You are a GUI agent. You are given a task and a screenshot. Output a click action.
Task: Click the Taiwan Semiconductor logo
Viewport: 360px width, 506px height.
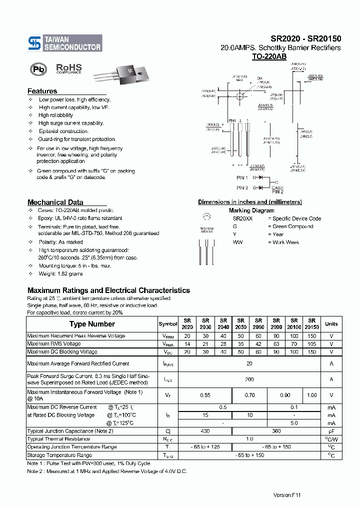(x=64, y=43)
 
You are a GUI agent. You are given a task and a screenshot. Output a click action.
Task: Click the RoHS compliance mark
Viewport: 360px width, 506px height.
(x=68, y=68)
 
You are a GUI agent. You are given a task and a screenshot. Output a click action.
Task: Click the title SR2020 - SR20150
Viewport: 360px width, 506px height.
(x=305, y=38)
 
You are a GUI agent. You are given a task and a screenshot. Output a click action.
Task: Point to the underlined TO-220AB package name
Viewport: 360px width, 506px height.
(x=269, y=57)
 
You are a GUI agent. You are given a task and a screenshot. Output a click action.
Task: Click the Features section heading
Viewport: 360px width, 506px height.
(x=42, y=91)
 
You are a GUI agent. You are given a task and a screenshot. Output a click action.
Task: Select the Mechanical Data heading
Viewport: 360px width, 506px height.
(x=55, y=202)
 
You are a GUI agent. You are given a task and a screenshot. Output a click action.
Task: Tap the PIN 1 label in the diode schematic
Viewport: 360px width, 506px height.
(x=242, y=177)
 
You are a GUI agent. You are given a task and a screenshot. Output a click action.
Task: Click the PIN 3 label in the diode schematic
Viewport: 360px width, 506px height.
(x=242, y=188)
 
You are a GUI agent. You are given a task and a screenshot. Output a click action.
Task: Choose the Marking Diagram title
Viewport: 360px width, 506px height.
(x=248, y=210)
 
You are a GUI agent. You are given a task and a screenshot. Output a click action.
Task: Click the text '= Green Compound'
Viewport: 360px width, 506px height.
(x=290, y=226)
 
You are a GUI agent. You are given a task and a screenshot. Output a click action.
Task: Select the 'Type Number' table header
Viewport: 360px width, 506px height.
(x=91, y=324)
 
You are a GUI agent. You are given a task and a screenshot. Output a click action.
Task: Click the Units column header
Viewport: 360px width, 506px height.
(x=331, y=324)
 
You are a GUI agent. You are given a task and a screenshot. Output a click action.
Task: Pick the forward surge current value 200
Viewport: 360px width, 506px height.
(x=249, y=379)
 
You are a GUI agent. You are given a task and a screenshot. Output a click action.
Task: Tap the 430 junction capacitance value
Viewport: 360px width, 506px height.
(x=204, y=431)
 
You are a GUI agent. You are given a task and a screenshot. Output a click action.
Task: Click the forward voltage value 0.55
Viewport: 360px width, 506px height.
(x=204, y=395)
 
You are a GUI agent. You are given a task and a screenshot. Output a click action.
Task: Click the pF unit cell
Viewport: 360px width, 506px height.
(x=331, y=431)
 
